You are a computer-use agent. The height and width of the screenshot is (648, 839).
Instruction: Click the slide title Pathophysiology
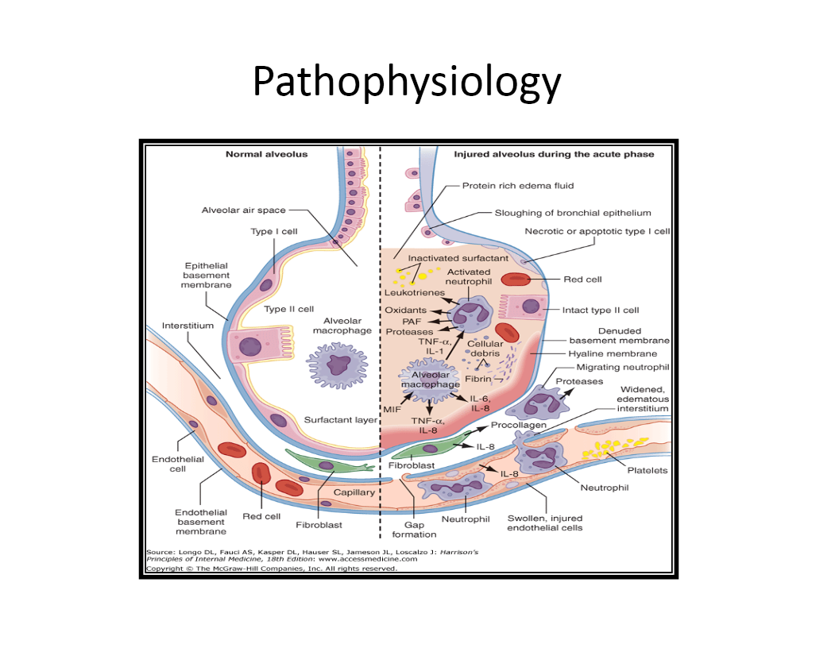407,82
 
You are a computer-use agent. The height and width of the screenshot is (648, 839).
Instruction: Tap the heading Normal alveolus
266,154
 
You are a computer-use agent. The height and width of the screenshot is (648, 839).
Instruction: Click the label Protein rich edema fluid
518,186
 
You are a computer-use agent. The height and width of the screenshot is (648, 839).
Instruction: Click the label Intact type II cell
601,310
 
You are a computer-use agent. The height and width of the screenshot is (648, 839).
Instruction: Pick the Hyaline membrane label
612,353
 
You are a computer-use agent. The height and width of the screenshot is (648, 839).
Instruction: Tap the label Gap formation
414,530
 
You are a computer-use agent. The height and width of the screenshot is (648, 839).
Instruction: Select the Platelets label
648,470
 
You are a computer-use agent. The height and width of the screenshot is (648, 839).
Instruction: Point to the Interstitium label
188,326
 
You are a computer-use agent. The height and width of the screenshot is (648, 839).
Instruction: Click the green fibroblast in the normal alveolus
327,464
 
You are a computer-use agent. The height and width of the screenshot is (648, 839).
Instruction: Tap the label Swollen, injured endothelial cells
545,523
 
